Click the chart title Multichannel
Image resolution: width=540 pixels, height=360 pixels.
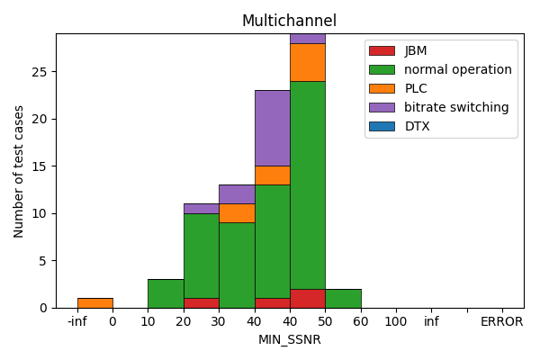point(289,21)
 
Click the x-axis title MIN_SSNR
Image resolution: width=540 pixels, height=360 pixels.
point(289,339)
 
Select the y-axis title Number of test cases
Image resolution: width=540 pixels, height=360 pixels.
point(19,171)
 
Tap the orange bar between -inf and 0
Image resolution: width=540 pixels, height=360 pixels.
point(94,302)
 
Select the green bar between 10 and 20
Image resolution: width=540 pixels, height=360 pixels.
point(166,293)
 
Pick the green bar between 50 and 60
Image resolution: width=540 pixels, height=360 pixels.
point(343,298)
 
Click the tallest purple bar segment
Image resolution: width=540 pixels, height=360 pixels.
point(272,128)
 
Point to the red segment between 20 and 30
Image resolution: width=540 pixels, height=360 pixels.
point(201,302)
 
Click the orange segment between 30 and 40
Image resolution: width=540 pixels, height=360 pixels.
point(237,212)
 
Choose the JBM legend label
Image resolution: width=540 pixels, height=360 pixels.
point(416,50)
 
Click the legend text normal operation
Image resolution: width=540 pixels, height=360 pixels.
point(457,69)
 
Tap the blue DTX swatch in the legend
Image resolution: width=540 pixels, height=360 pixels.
point(382,126)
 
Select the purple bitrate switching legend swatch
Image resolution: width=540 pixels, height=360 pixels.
point(382,107)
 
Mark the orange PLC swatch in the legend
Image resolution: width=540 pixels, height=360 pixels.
point(382,88)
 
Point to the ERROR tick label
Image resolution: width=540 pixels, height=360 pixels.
point(501,321)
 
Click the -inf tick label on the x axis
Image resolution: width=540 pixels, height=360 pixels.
point(77,321)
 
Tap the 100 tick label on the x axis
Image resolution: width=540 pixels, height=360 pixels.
point(396,321)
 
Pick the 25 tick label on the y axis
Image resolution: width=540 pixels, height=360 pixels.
point(40,72)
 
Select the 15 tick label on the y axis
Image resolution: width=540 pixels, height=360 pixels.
point(40,166)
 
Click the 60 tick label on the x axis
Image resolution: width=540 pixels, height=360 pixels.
point(361,321)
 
